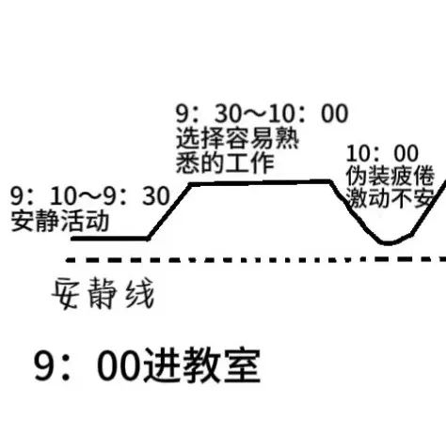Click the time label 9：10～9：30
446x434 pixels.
(90, 196)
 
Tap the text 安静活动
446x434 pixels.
(60, 221)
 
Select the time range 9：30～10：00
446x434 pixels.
(263, 113)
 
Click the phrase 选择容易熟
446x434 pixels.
(237, 138)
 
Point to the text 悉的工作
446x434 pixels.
(225, 163)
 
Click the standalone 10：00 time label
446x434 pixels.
(382, 153)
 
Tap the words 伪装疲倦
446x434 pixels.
(390, 176)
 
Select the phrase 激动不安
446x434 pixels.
(390, 198)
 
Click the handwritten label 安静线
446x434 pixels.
(104, 293)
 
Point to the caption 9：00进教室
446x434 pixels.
(147, 365)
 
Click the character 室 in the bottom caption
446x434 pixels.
(242, 365)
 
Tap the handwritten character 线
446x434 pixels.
(140, 293)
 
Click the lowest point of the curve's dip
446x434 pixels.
(388, 243)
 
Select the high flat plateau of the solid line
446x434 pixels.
(261, 182)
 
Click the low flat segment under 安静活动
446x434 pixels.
(110, 239)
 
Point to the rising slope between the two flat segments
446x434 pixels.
(169, 210)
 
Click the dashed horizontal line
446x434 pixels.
(256, 259)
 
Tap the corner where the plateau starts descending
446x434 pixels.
(330, 181)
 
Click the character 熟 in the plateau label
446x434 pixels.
(287, 138)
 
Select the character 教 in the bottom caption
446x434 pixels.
(201, 365)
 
